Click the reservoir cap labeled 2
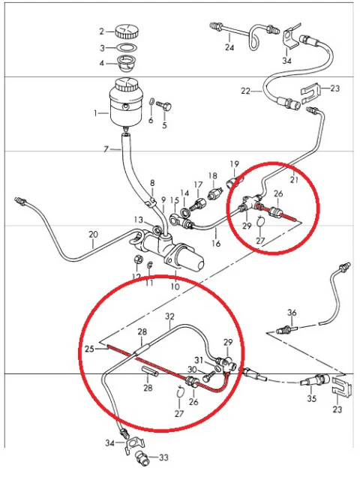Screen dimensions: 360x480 pos(127,31)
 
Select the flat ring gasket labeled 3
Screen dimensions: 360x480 pos(127,48)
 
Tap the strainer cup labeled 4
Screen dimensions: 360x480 pos(127,63)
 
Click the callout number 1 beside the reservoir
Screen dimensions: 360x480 pos(96,113)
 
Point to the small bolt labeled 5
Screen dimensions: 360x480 pos(163,106)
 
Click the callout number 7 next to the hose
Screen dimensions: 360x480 pos(106,149)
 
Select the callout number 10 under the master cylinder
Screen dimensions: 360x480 pos(175,286)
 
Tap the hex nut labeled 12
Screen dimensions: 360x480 pos(138,259)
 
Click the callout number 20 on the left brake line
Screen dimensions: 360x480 pos(93,235)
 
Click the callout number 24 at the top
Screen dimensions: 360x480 pos(229,47)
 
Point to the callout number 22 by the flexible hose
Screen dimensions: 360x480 pos(245,91)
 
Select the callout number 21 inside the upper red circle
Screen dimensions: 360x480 pos(294,179)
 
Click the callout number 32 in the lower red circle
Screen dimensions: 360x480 pos(170,316)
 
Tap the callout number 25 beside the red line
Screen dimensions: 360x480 pos(89,349)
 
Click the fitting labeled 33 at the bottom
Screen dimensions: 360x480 pos(142,457)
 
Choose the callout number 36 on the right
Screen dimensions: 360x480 pos(292,313)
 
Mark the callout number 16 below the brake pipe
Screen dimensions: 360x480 pos(216,244)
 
